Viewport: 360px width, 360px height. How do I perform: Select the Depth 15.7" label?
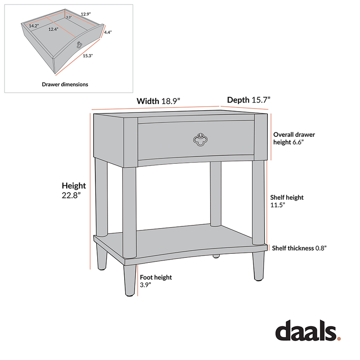(x=248, y=100)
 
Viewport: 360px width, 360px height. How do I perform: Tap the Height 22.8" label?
(x=74, y=190)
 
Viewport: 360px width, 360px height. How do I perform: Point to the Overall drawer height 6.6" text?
(x=294, y=138)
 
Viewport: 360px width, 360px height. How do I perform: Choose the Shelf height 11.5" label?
(x=287, y=201)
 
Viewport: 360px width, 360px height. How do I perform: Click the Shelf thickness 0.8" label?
(x=299, y=248)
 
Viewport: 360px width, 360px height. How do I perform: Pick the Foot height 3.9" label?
(x=156, y=281)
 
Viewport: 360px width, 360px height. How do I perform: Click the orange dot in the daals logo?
(x=339, y=338)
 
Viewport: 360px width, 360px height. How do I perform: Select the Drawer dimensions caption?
(x=65, y=84)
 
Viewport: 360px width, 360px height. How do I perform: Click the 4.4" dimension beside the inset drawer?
(x=108, y=32)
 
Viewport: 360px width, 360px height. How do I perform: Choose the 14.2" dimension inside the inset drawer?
(x=34, y=26)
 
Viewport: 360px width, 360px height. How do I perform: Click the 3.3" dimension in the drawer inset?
(x=68, y=17)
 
